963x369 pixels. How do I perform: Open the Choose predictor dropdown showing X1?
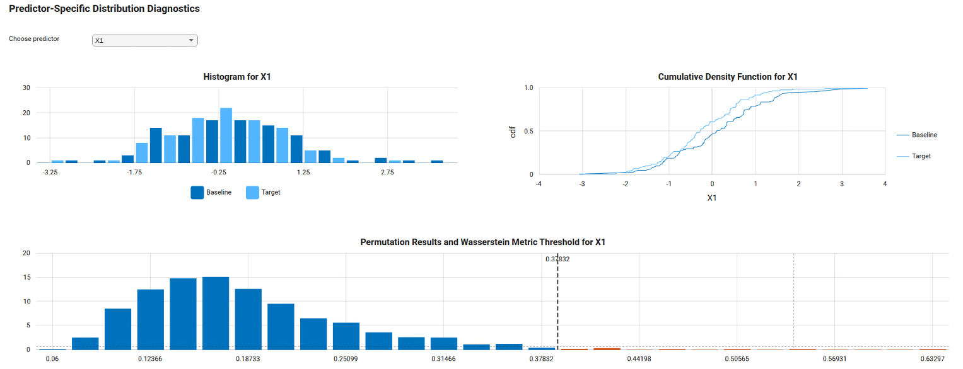click(x=145, y=40)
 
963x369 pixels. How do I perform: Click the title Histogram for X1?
click(x=237, y=77)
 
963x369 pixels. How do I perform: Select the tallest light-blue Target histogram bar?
click(x=226, y=135)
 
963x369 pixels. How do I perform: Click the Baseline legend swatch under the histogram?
click(x=197, y=193)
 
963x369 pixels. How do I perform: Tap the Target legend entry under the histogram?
click(x=271, y=193)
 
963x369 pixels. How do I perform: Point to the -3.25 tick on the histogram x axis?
click(x=50, y=172)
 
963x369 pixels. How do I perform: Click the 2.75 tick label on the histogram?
click(x=387, y=172)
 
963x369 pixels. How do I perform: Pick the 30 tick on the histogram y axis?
click(x=26, y=88)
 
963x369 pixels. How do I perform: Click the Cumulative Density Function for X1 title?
click(x=728, y=77)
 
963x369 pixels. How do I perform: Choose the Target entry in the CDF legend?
click(x=921, y=156)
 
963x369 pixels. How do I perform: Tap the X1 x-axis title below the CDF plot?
click(x=711, y=198)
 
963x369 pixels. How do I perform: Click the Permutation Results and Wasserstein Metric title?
click(x=482, y=242)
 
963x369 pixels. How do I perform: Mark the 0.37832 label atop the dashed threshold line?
click(x=557, y=259)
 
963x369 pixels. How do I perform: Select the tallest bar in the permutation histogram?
click(x=216, y=313)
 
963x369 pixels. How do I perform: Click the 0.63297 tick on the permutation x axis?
click(x=932, y=358)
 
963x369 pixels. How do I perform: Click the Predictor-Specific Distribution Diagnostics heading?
click(x=104, y=9)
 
